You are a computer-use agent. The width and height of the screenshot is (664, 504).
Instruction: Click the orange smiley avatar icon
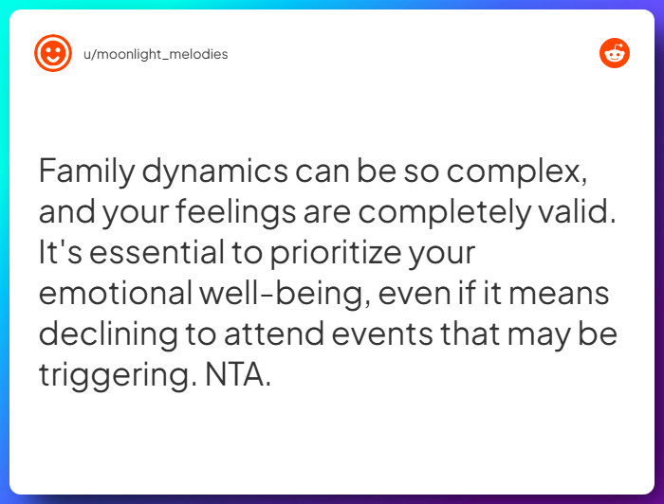pyautogui.click(x=53, y=53)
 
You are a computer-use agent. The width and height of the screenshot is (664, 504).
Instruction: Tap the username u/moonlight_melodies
pyautogui.click(x=156, y=54)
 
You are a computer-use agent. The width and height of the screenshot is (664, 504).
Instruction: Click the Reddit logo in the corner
pyautogui.click(x=614, y=53)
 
